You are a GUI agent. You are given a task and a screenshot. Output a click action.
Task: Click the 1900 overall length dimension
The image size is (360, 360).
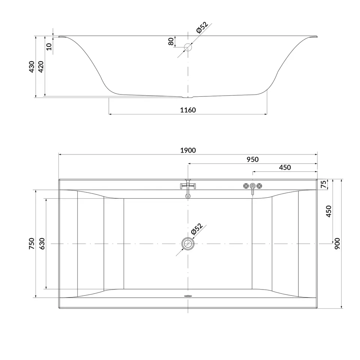[x=188, y=150]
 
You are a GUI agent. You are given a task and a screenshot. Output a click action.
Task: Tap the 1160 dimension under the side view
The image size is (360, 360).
[x=188, y=110]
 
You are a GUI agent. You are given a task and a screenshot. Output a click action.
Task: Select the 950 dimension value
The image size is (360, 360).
[x=252, y=159]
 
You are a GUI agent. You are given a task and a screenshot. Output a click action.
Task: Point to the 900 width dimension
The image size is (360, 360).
[x=337, y=244]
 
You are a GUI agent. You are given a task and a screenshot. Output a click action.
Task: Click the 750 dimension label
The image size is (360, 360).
[x=31, y=244]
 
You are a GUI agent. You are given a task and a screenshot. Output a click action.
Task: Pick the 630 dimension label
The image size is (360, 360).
[x=42, y=244]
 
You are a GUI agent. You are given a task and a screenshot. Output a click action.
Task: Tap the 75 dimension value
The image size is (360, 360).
[x=324, y=184]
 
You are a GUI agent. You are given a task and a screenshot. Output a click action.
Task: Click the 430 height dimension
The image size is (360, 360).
[x=31, y=67]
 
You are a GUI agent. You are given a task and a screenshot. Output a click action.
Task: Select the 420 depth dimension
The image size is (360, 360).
[x=41, y=67]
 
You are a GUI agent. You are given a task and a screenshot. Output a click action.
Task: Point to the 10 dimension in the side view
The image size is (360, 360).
[x=49, y=46]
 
